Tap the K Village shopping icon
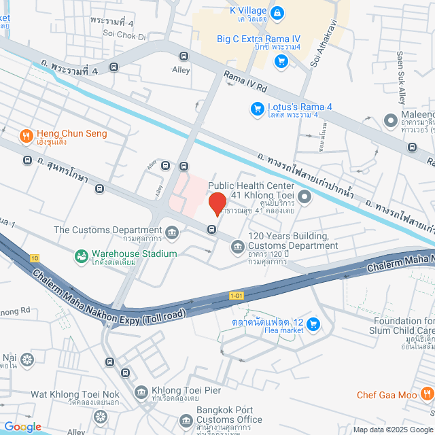(x=277, y=12)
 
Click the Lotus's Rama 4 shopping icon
(x=257, y=108)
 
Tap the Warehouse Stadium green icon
(x=81, y=256)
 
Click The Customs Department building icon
(x=173, y=234)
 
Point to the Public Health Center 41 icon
(x=304, y=197)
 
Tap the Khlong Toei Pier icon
(x=141, y=391)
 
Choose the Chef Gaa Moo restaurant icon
(x=425, y=394)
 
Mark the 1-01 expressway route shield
(x=237, y=296)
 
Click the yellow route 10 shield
(x=35, y=258)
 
